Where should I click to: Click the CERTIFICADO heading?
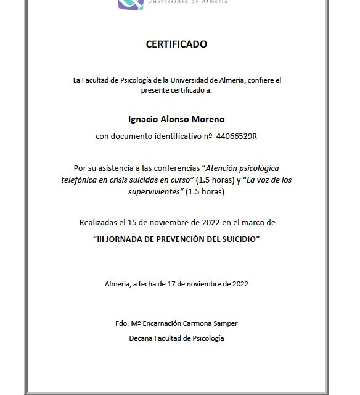click(176, 44)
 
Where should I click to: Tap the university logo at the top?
click(131, 4)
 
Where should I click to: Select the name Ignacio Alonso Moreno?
click(176, 118)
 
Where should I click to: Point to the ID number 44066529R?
click(237, 136)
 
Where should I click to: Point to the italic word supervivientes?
click(155, 191)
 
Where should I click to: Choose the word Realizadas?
click(98, 222)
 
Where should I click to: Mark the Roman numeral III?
click(102, 238)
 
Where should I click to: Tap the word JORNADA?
click(126, 238)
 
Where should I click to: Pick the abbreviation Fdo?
click(122, 323)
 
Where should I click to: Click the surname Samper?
click(224, 323)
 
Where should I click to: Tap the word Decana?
click(142, 338)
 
